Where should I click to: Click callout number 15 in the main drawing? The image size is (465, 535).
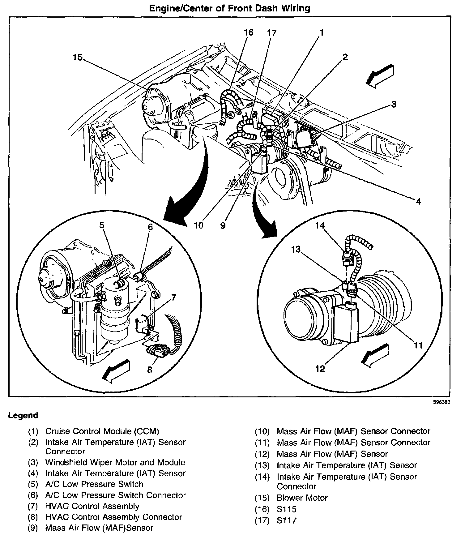(x=78, y=57)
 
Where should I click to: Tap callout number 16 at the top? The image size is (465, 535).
(x=248, y=32)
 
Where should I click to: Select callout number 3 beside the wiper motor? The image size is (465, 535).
(x=393, y=104)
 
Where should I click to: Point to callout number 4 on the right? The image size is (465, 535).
(x=418, y=201)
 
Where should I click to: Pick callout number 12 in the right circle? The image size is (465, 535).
(x=320, y=369)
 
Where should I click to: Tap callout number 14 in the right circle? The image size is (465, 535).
(x=320, y=225)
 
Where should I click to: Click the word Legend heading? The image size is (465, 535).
(x=23, y=415)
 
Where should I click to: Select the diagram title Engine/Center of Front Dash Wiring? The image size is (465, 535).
(x=230, y=8)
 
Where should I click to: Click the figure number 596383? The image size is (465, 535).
(x=441, y=402)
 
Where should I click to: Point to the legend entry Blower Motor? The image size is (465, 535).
(x=302, y=498)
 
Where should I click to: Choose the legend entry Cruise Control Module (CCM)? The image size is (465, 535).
(x=102, y=431)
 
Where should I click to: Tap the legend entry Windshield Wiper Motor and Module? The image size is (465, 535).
(x=115, y=462)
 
